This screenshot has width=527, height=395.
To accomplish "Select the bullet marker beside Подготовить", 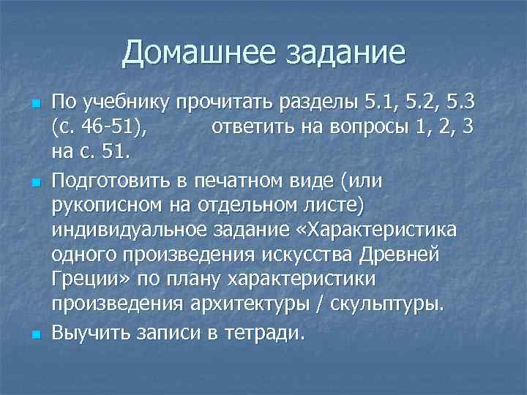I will click(x=34, y=181).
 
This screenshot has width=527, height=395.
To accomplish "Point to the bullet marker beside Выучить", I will click(x=34, y=334).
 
